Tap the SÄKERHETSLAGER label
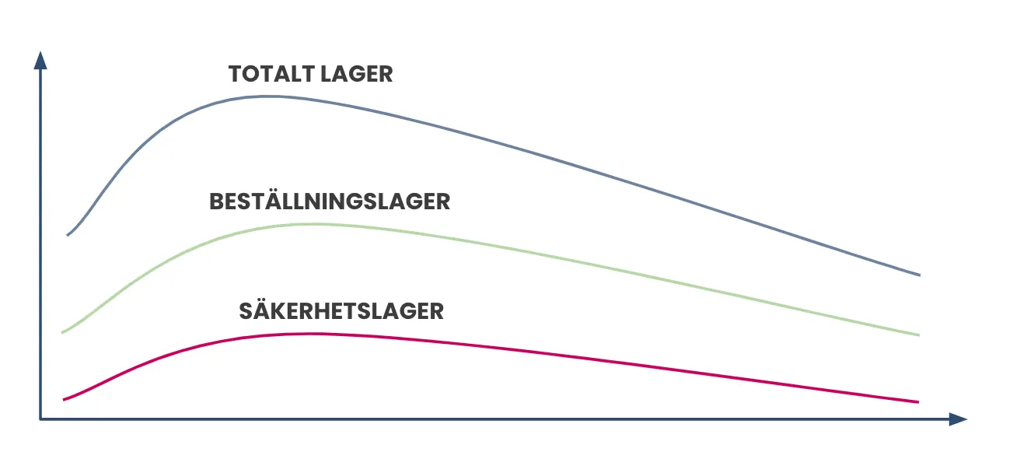341,310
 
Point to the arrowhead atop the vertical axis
40,61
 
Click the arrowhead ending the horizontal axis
958,419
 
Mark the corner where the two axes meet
40,419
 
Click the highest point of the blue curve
267,96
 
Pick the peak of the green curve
314,224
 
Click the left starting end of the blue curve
68,235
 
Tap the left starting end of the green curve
62,332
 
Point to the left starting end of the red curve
64,400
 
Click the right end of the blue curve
920,275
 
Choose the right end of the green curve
919,335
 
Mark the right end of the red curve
918,402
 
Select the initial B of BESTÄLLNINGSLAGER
218,201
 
